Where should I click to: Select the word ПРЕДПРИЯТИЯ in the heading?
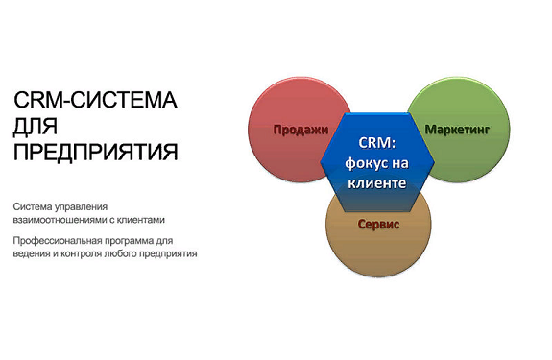click(x=96, y=152)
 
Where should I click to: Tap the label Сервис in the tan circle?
click(x=377, y=224)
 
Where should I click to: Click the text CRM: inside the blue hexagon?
click(x=376, y=142)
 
